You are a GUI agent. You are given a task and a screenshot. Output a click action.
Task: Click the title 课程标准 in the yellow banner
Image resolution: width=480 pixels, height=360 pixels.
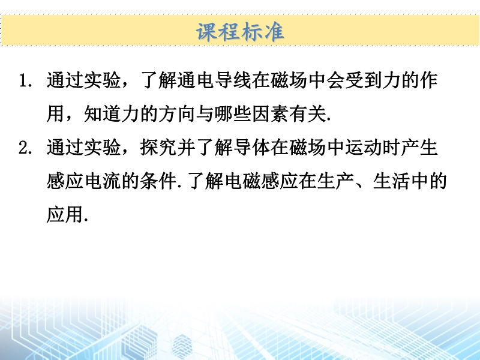(x=240, y=32)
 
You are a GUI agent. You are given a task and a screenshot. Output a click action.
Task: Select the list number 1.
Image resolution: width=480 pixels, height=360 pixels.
(x=25, y=81)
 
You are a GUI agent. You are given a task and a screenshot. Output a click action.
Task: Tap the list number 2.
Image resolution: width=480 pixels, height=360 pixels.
(x=25, y=148)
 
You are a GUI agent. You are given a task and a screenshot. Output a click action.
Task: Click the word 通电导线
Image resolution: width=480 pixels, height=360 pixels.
(x=214, y=80)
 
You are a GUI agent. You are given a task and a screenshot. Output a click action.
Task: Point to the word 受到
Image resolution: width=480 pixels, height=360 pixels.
(x=364, y=80)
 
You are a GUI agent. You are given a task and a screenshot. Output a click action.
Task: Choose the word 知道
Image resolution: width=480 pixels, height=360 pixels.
(x=102, y=114)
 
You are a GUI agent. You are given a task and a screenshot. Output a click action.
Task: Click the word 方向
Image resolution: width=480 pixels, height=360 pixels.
(x=176, y=114)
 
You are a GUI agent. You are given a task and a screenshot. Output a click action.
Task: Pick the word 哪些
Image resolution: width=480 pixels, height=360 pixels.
(x=233, y=114)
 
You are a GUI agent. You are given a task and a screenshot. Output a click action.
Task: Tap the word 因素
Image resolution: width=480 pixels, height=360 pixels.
(x=270, y=114)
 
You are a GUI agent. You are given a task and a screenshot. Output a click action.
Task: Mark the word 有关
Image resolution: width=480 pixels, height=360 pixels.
(x=307, y=114)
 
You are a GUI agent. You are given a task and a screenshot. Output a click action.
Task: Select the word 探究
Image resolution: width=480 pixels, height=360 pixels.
(x=158, y=147)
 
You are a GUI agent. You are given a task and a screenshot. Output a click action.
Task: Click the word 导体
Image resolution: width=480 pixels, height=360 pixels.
(x=251, y=147)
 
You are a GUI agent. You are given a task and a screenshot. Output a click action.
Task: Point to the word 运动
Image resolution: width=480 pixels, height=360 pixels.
(x=364, y=147)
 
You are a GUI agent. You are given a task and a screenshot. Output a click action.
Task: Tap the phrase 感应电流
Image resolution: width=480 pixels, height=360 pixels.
(x=83, y=181)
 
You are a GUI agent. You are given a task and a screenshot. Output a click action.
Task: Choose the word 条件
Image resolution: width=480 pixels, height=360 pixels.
(x=158, y=181)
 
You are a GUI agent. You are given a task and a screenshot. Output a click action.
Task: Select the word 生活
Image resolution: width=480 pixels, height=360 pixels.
(x=392, y=181)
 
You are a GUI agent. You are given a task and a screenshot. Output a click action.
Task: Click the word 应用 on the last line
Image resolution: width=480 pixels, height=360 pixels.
(x=65, y=214)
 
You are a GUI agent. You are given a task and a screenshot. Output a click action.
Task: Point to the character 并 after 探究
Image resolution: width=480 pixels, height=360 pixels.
(x=186, y=147)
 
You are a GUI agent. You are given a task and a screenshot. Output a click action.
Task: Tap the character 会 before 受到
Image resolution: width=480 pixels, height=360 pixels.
(x=335, y=80)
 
